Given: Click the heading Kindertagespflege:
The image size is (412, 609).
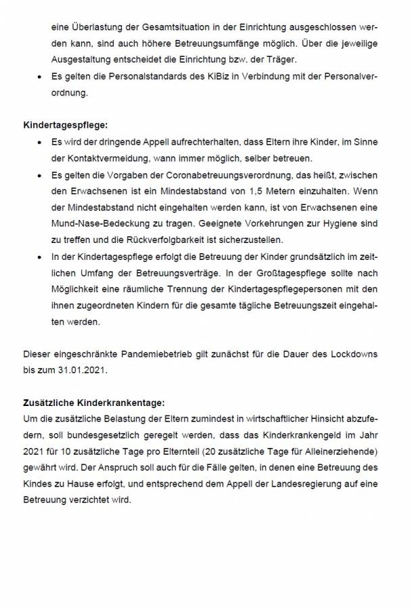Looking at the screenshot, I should (x=65, y=125).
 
